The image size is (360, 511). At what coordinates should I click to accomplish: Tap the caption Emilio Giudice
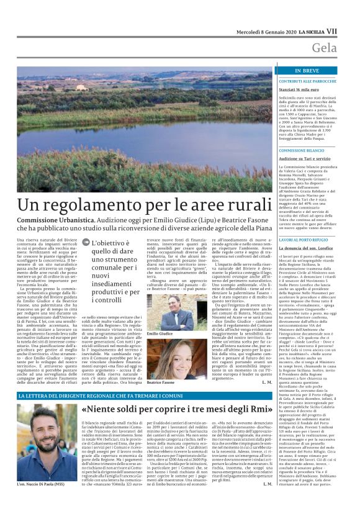(160, 334)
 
